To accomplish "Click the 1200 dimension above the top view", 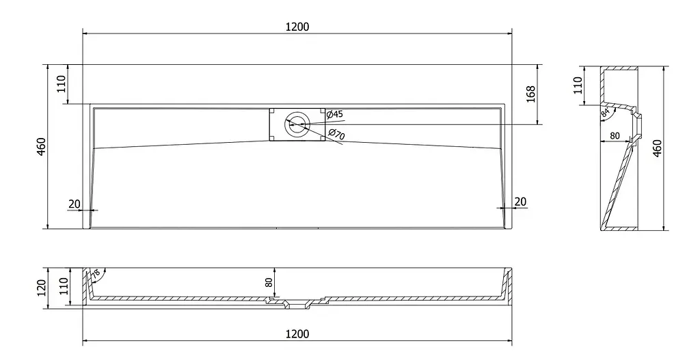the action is point(297,27).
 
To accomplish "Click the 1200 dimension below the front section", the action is point(297,334).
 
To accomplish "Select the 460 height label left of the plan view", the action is point(40,147).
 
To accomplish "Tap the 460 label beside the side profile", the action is point(657,148).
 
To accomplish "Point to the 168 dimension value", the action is point(530,94).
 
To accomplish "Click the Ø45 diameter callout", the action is point(335,115).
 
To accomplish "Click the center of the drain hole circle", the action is point(297,124).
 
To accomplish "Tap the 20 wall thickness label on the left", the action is point(74,204).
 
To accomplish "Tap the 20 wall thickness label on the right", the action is point(520,202).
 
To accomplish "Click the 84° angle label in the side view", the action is point(606,112).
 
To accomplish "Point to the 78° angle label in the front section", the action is point(96,275).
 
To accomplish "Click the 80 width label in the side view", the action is point(615,136).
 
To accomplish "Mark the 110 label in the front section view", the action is point(64,286).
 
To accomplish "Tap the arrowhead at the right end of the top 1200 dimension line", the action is point(509,33).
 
